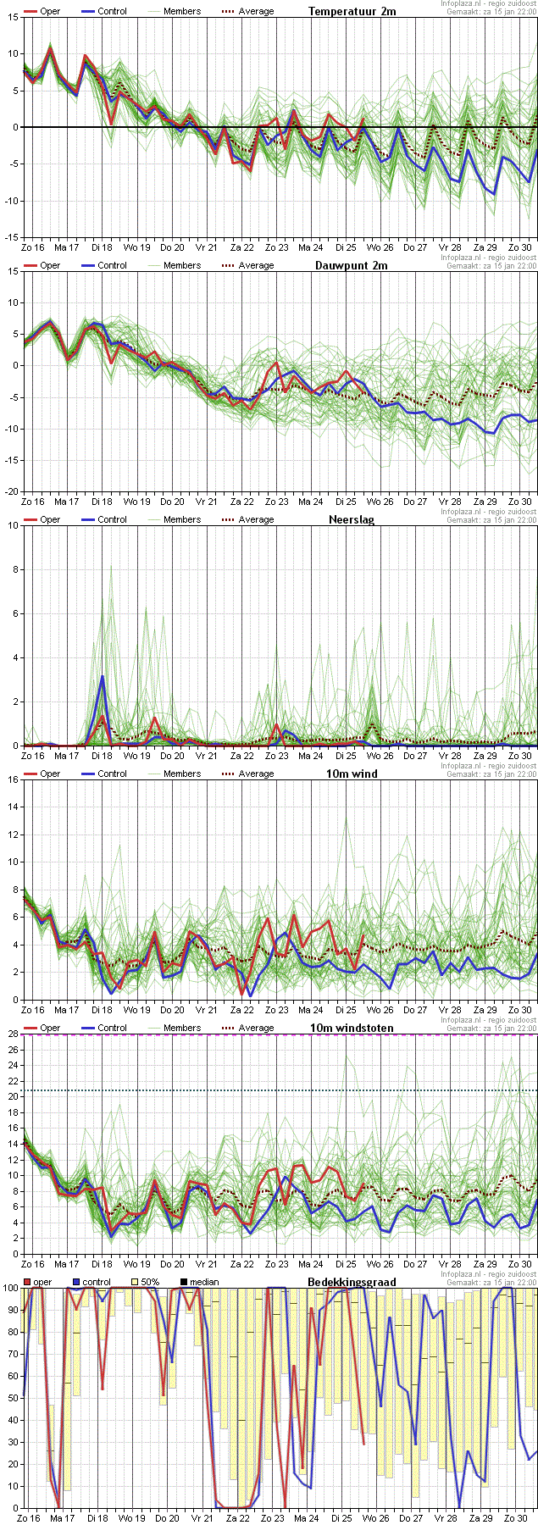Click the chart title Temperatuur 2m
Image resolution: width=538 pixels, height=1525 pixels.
[x=352, y=11]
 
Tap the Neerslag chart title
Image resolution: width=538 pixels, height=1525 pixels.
[x=352, y=519]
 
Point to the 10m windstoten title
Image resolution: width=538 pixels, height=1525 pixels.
[x=352, y=1028]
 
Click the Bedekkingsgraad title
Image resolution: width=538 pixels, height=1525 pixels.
[x=352, y=1282]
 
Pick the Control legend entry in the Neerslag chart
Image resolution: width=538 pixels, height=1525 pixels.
[x=103, y=519]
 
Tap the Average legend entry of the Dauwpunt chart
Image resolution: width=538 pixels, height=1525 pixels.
[x=247, y=265]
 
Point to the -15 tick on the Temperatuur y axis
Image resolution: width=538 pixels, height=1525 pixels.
[x=12, y=237]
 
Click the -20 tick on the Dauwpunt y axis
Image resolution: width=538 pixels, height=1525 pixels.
[x=12, y=491]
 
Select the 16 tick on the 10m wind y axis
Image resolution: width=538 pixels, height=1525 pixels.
[x=14, y=779]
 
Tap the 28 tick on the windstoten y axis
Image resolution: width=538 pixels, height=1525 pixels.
[x=14, y=1034]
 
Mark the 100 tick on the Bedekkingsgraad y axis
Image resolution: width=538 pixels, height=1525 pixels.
[x=11, y=1288]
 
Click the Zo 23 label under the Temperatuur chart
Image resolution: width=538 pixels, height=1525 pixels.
[x=277, y=247]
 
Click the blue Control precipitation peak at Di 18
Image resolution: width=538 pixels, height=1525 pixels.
[x=103, y=676]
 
